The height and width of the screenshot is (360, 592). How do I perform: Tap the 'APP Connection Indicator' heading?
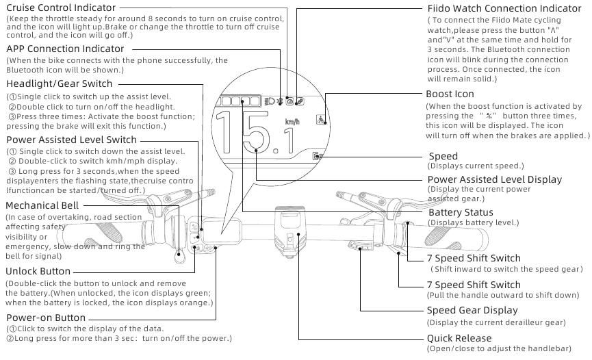tap(65, 49)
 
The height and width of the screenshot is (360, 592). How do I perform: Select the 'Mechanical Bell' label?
tap(42, 205)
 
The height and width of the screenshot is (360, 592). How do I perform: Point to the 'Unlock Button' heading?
tap(38, 272)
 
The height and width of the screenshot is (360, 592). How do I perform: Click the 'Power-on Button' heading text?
tap(46, 318)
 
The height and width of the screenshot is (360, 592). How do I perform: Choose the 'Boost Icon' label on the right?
tap(450, 94)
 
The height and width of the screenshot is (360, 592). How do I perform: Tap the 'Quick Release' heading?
tap(459, 338)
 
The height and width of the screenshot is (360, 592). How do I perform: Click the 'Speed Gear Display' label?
tap(472, 310)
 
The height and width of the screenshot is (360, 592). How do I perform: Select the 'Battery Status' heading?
tap(461, 213)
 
